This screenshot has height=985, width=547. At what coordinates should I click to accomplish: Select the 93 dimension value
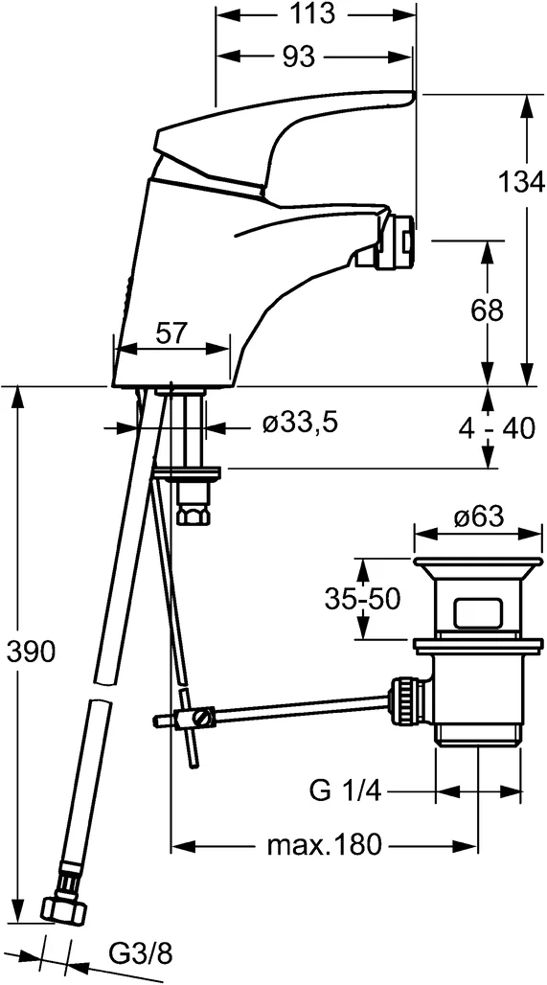coord(299,57)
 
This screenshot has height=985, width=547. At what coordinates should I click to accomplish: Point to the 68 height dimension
coord(488,310)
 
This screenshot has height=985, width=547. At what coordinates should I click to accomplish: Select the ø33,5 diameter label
coord(301,422)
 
